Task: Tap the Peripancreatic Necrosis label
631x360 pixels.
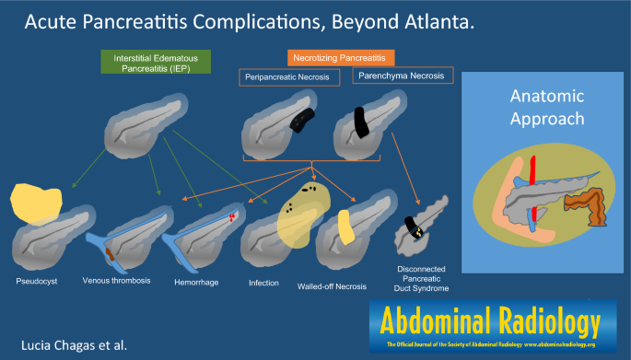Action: click(290, 79)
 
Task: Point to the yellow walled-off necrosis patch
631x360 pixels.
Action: click(343, 228)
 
